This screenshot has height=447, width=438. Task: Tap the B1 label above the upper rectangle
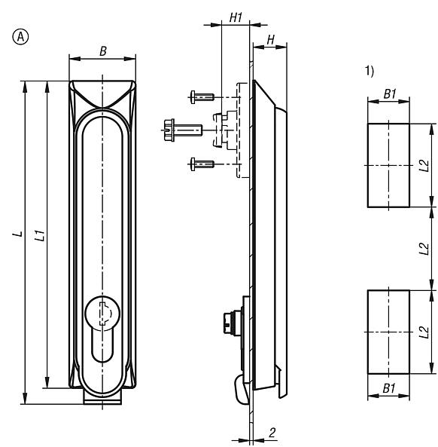tap(388, 95)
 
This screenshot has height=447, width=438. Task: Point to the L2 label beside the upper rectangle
tap(424, 164)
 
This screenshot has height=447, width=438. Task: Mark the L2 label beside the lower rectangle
tap(424, 330)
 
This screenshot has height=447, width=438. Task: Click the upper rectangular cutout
tap(388, 165)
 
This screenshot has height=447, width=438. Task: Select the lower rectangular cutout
tap(388, 331)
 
